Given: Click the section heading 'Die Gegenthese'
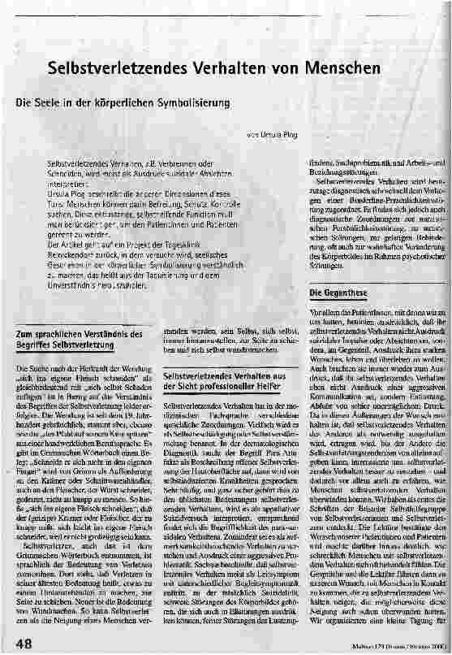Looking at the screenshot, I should (x=338, y=293).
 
